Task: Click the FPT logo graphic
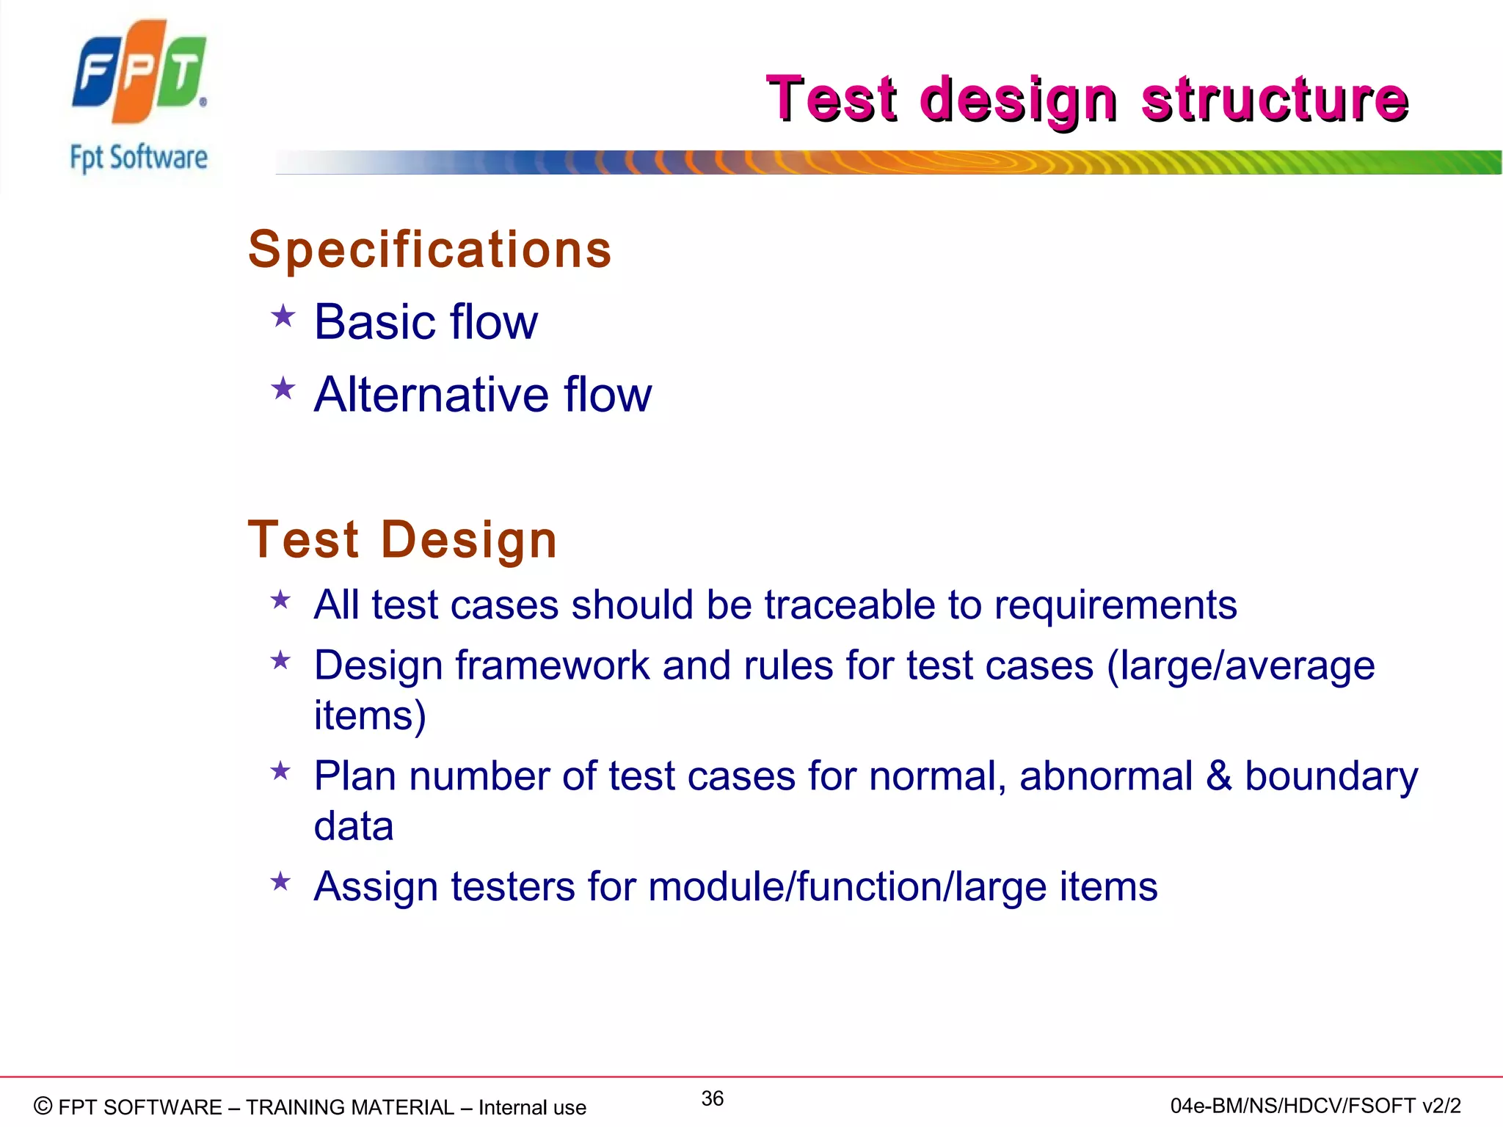(x=139, y=71)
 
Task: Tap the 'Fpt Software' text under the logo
(x=139, y=158)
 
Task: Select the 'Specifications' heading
(x=429, y=249)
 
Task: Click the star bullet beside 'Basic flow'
(x=283, y=318)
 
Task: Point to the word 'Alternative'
(x=432, y=395)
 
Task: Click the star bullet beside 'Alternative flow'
(x=283, y=389)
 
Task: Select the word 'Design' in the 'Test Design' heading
(x=469, y=540)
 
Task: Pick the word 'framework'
(x=552, y=666)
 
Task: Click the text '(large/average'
(x=1240, y=666)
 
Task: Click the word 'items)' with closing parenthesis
(x=370, y=715)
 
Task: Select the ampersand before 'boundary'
(x=1219, y=776)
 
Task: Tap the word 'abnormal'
(x=1105, y=776)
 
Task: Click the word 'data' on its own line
(x=354, y=826)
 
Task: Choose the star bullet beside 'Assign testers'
(x=280, y=881)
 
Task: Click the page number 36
(x=712, y=1098)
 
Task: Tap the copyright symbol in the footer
(x=43, y=1106)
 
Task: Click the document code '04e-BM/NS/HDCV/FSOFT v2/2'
(x=1315, y=1106)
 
